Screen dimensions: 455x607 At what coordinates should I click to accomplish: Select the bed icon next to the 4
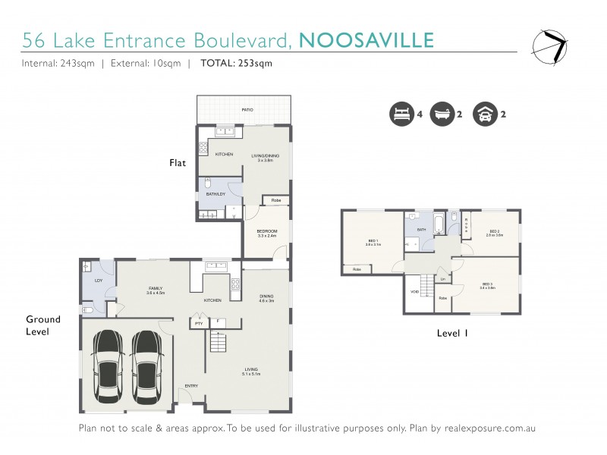(x=399, y=115)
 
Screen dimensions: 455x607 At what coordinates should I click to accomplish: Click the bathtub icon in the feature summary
(x=441, y=115)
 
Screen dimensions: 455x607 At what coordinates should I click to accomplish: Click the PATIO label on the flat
(x=247, y=110)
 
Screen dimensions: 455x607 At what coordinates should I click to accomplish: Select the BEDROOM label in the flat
(x=266, y=231)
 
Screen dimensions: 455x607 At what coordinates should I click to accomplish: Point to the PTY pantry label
(x=199, y=324)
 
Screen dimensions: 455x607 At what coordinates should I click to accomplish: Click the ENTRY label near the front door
(x=191, y=386)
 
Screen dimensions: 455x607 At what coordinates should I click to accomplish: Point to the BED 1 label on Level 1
(x=372, y=242)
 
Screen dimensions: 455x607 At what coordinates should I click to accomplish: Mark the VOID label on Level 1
(x=415, y=290)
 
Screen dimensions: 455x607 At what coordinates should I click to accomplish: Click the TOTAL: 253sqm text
(x=236, y=64)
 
